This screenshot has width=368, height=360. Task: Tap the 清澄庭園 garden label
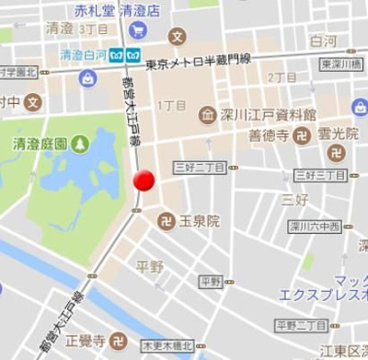tap(40, 144)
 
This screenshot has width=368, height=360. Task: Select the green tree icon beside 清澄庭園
tap(80, 145)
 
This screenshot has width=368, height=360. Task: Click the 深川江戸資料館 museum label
tap(270, 115)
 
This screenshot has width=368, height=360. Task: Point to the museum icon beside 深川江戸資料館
tap(208, 115)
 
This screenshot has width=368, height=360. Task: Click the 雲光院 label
tap(339, 134)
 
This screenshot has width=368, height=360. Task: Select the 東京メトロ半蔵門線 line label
tap(199, 62)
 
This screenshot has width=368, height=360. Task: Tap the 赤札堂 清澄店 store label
tap(117, 11)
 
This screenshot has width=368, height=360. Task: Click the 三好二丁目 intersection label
tap(200, 167)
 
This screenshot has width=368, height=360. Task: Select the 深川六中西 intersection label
tap(315, 226)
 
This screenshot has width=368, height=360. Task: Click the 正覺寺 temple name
tap(86, 342)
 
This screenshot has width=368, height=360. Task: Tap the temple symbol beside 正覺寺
tap(119, 342)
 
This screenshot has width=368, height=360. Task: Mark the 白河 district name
tap(323, 41)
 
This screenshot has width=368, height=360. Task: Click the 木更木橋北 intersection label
tap(166, 346)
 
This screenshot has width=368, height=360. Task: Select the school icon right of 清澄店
tap(178, 36)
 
